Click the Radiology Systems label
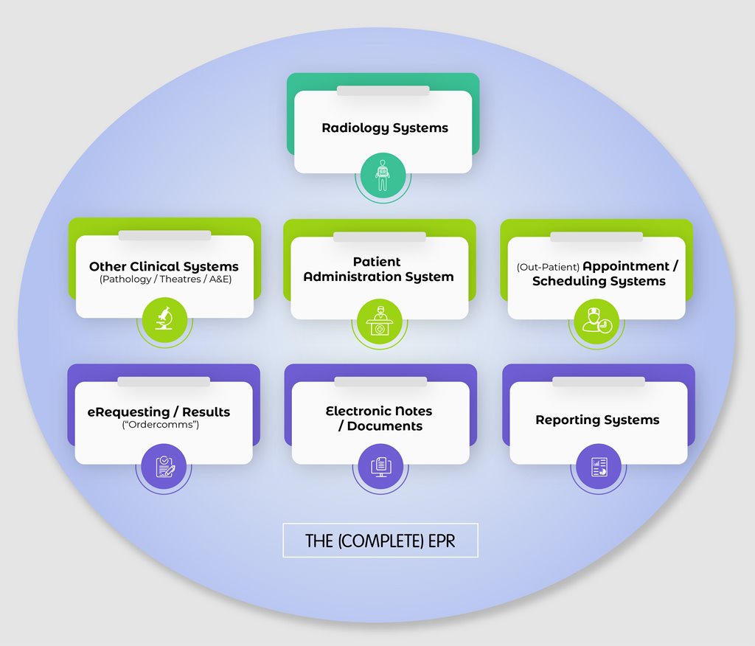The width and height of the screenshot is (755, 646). [x=384, y=128]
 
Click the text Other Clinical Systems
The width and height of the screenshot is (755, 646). [x=164, y=266]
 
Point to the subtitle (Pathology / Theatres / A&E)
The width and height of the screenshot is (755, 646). [x=165, y=279]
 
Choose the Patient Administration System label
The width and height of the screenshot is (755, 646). [x=378, y=269]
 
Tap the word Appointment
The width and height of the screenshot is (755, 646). [x=626, y=266]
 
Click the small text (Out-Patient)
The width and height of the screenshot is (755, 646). [x=548, y=267]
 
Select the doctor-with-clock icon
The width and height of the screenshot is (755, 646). [x=596, y=322]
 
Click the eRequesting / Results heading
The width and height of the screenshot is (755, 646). [x=159, y=411]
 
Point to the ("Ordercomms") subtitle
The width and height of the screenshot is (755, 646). [x=160, y=425]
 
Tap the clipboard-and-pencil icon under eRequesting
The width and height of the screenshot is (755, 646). [x=164, y=466]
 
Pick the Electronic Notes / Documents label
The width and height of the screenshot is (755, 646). [x=379, y=418]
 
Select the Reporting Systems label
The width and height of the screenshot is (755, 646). [x=597, y=420]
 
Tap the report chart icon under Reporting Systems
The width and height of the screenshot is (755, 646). [x=599, y=466]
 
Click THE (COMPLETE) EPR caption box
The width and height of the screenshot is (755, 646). [x=380, y=541]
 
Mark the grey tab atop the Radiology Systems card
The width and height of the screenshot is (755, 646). [x=383, y=91]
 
